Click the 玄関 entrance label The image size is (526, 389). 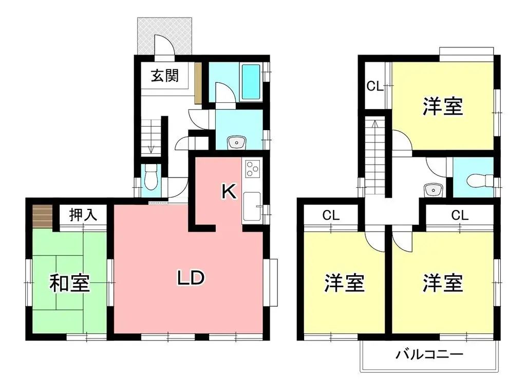pos(165,76)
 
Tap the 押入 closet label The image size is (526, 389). pos(83,215)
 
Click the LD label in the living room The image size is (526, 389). pos(191,278)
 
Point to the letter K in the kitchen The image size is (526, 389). pos(229,192)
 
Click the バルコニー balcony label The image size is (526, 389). pos(429,355)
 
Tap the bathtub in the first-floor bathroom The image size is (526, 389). pos(251,82)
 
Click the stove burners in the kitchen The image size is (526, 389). pos(253,168)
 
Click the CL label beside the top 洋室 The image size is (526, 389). pos(374,86)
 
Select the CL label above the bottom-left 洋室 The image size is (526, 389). pos(331,216)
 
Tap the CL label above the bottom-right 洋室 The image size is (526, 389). pos(460,216)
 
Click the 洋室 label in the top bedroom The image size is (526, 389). pos(443,108)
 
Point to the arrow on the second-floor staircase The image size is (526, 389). pos(375,125)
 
